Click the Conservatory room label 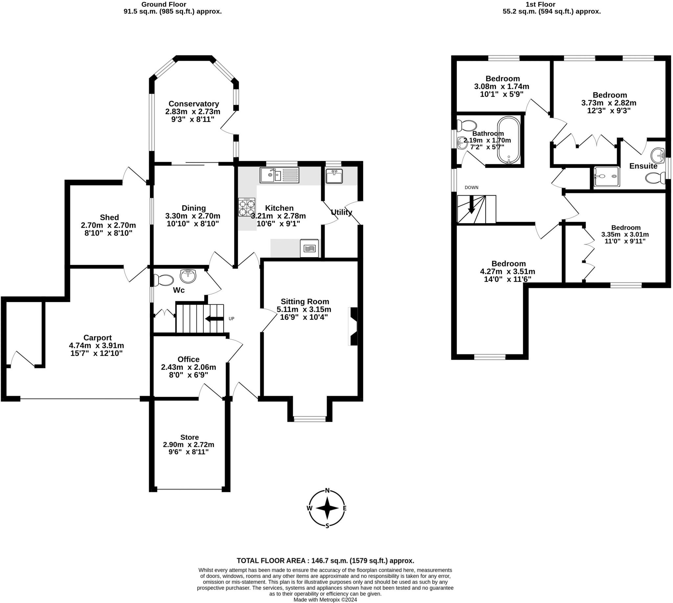tap(194, 104)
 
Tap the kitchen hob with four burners tap(246, 207)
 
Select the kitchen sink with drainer tap(279, 175)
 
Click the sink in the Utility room tap(334, 176)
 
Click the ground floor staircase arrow tap(214, 319)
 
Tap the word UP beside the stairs tap(231, 319)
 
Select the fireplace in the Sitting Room tap(353, 326)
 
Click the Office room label tap(189, 359)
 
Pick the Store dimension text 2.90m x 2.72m tap(189, 445)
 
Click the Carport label tap(97, 337)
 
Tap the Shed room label tap(109, 217)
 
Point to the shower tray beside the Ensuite tap(606, 176)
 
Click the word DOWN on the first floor tap(471, 188)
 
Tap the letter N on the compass tap(327, 491)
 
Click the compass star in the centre tap(327, 508)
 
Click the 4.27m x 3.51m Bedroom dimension tap(508, 272)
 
